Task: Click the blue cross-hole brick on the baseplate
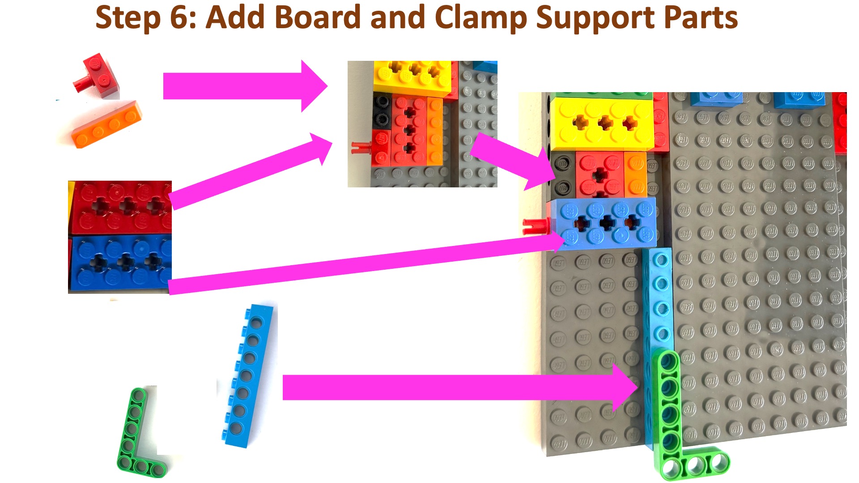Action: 604,222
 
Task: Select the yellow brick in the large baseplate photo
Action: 602,123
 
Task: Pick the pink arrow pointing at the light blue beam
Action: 461,387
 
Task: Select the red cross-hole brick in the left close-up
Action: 120,207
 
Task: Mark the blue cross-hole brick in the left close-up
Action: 120,263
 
